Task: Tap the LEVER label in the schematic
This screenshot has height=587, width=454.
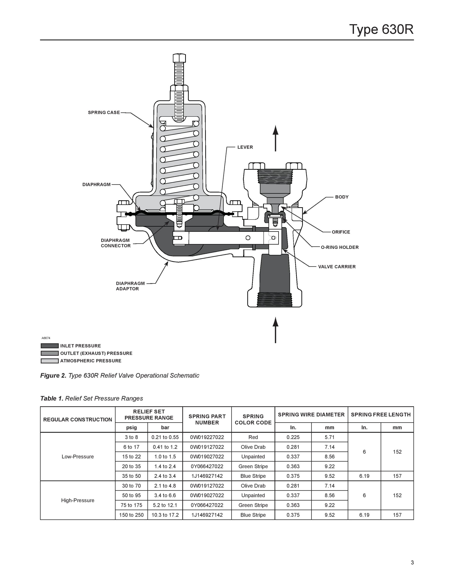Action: (245, 147)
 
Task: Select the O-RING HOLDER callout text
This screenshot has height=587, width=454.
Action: (340, 247)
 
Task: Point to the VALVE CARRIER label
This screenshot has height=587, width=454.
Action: (337, 267)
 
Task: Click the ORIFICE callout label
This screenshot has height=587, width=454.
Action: (341, 232)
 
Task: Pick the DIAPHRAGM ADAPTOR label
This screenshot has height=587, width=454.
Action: (131, 286)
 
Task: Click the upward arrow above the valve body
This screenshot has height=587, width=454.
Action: (275, 138)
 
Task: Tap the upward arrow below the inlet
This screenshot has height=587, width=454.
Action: (275, 330)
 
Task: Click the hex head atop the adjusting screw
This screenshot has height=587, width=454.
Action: (179, 58)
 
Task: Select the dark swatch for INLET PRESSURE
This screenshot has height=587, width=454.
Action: (49, 346)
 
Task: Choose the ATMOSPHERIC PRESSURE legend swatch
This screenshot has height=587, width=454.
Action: (49, 361)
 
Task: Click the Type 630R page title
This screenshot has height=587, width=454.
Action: (381, 29)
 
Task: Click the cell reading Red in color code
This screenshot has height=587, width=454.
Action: (253, 437)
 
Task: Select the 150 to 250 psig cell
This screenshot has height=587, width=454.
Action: (131, 515)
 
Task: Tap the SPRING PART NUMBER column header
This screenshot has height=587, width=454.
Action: (207, 419)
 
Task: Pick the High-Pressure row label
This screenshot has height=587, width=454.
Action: (78, 500)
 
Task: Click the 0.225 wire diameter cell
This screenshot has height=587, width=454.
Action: (293, 437)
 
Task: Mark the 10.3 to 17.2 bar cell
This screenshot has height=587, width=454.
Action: (165, 515)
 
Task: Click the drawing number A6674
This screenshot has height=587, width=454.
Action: (46, 338)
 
